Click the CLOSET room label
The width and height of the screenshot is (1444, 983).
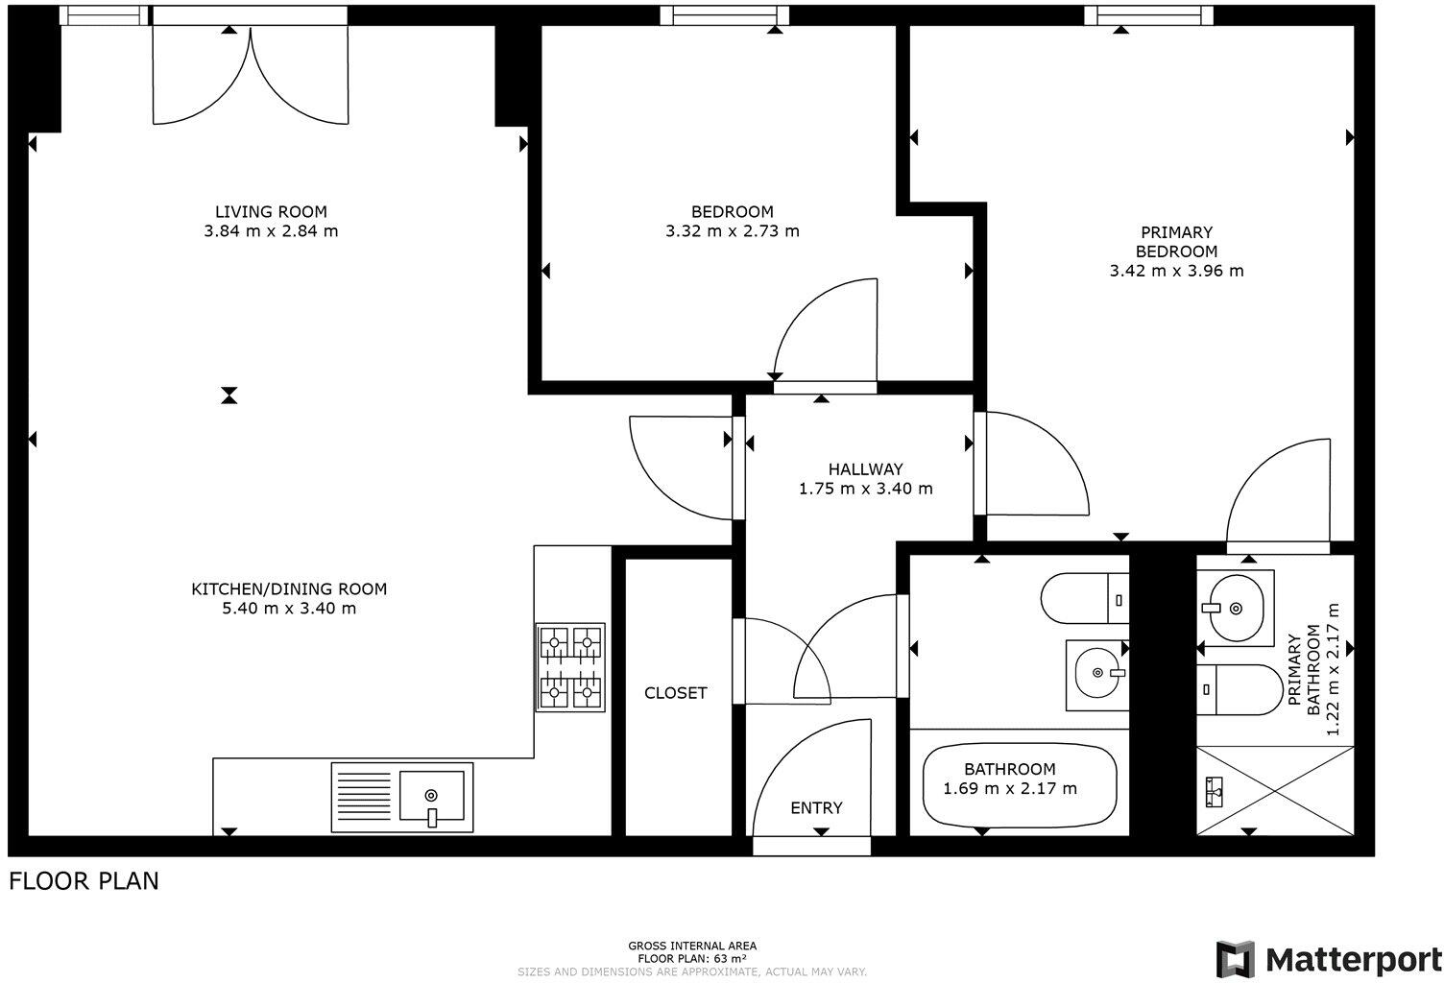(676, 693)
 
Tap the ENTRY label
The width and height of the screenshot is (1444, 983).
(816, 807)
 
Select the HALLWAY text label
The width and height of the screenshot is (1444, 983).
(865, 469)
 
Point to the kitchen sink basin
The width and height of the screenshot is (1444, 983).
(431, 796)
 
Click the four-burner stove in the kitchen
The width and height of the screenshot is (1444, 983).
(570, 667)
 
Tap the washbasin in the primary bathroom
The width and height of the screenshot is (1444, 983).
(1235, 609)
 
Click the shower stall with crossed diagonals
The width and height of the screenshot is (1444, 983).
(1275, 791)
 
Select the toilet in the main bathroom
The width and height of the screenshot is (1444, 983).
(1085, 598)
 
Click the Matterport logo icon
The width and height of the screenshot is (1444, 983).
(1235, 959)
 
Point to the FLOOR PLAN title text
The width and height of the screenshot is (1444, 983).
(84, 881)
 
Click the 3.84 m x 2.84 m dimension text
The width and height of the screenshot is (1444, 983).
(271, 230)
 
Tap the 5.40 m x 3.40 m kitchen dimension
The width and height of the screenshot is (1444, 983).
(289, 608)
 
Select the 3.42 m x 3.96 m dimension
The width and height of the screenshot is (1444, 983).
(1176, 271)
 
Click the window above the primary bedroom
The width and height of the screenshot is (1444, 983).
(1148, 15)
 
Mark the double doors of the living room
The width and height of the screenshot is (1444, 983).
(251, 74)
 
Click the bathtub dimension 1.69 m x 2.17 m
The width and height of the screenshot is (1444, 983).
(1009, 788)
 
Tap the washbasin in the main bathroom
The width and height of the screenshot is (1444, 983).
(1097, 674)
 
